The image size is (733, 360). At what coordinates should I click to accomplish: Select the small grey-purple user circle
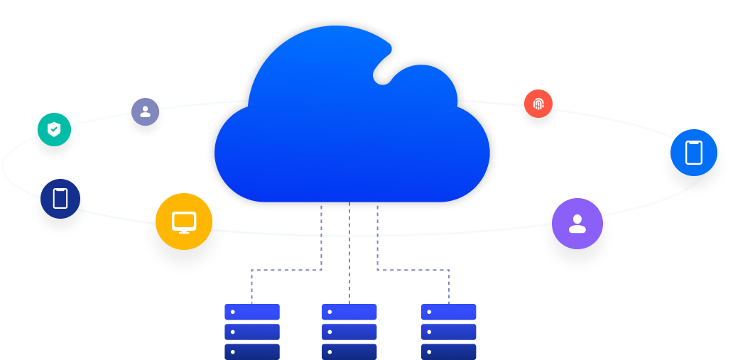click(x=145, y=112)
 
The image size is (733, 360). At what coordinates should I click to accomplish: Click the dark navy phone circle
click(x=60, y=198)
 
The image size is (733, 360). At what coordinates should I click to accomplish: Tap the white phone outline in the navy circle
click(x=60, y=198)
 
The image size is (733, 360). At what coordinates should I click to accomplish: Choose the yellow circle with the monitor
click(x=184, y=222)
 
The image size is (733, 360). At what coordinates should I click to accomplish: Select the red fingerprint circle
click(x=538, y=104)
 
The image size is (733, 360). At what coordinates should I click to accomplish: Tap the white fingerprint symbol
click(x=538, y=104)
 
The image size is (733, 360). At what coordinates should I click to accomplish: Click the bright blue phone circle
click(x=693, y=153)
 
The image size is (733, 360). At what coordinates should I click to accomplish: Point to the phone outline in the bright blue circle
click(x=693, y=153)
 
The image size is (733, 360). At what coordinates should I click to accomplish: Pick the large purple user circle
click(x=577, y=223)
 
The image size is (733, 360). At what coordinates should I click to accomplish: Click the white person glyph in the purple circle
click(x=577, y=223)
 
